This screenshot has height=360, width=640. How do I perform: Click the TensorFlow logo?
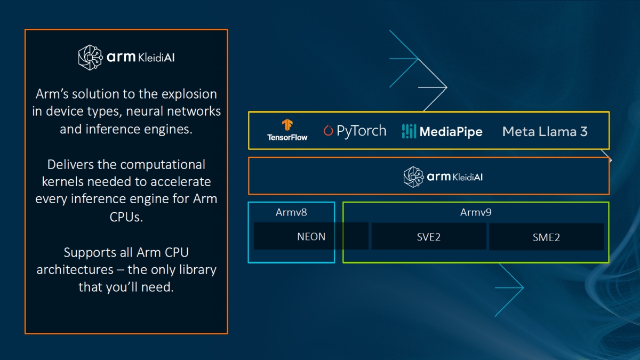[287, 130]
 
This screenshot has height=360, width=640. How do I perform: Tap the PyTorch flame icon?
[328, 131]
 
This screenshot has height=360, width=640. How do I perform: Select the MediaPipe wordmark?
[451, 131]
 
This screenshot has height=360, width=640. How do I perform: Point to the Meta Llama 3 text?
[545, 131]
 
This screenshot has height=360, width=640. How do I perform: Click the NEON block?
[311, 236]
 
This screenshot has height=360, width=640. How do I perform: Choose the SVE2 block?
[429, 236]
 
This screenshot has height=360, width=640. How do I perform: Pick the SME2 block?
[546, 237]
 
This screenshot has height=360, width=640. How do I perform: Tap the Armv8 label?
[291, 212]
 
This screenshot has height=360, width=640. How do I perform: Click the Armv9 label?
[476, 212]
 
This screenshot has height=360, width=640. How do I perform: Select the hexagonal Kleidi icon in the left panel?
[90, 58]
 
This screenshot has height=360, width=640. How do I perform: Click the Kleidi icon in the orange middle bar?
[414, 177]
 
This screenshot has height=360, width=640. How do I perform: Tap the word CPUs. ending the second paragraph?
[126, 217]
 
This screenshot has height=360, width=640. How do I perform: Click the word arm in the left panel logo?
[121, 57]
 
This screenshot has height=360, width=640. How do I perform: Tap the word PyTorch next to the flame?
[361, 131]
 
